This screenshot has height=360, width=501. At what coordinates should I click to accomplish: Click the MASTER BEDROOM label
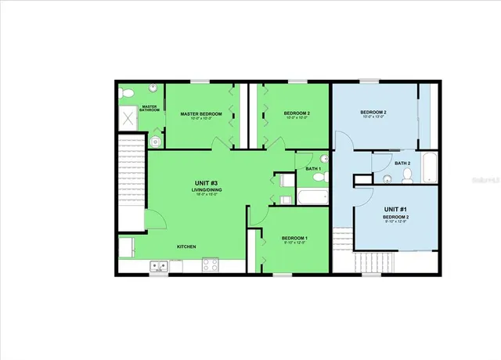(201, 114)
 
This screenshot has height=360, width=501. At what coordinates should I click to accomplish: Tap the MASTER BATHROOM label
(150, 109)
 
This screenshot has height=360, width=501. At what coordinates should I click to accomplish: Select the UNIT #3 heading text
(205, 183)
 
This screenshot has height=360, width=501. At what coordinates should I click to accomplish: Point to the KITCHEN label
(186, 247)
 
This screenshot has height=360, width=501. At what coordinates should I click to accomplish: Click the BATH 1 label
(312, 169)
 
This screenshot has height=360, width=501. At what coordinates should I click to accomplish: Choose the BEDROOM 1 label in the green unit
(294, 238)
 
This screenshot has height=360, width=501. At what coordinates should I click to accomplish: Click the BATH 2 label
(402, 163)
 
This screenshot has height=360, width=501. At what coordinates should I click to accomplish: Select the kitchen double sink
(159, 266)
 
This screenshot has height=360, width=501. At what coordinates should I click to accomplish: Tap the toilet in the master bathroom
(128, 93)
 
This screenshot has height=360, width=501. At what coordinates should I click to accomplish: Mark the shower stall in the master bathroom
(129, 118)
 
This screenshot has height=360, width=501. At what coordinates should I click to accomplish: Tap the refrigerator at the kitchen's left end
(127, 248)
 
